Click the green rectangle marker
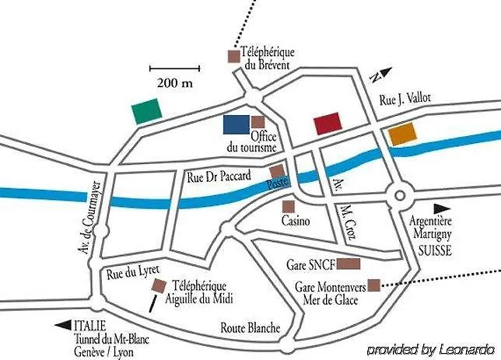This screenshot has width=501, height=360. click(147, 111)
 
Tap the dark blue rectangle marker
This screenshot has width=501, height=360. click(236, 124)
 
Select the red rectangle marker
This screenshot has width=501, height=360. click(327, 123)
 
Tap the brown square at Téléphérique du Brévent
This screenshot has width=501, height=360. click(232, 55)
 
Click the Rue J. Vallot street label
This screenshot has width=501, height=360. click(405, 99)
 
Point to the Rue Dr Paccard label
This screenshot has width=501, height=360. click(219, 177)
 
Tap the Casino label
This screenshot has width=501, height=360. click(296, 221)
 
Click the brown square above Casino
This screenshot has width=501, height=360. click(288, 207)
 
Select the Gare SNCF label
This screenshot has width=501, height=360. click(312, 264)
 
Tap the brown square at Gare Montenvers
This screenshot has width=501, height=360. click(374, 285)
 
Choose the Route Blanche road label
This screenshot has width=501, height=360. click(250, 327)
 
